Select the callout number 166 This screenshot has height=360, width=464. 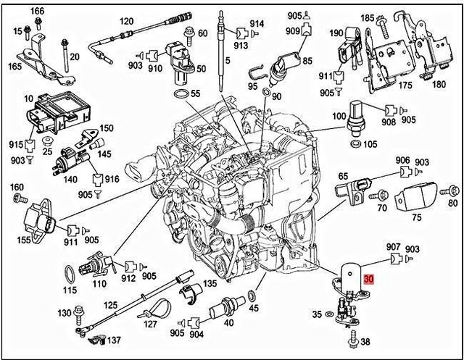37,10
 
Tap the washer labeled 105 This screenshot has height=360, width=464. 357,146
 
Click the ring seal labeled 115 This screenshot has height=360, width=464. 68,275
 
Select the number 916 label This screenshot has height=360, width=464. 112,178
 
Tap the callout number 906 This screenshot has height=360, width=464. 402,160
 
